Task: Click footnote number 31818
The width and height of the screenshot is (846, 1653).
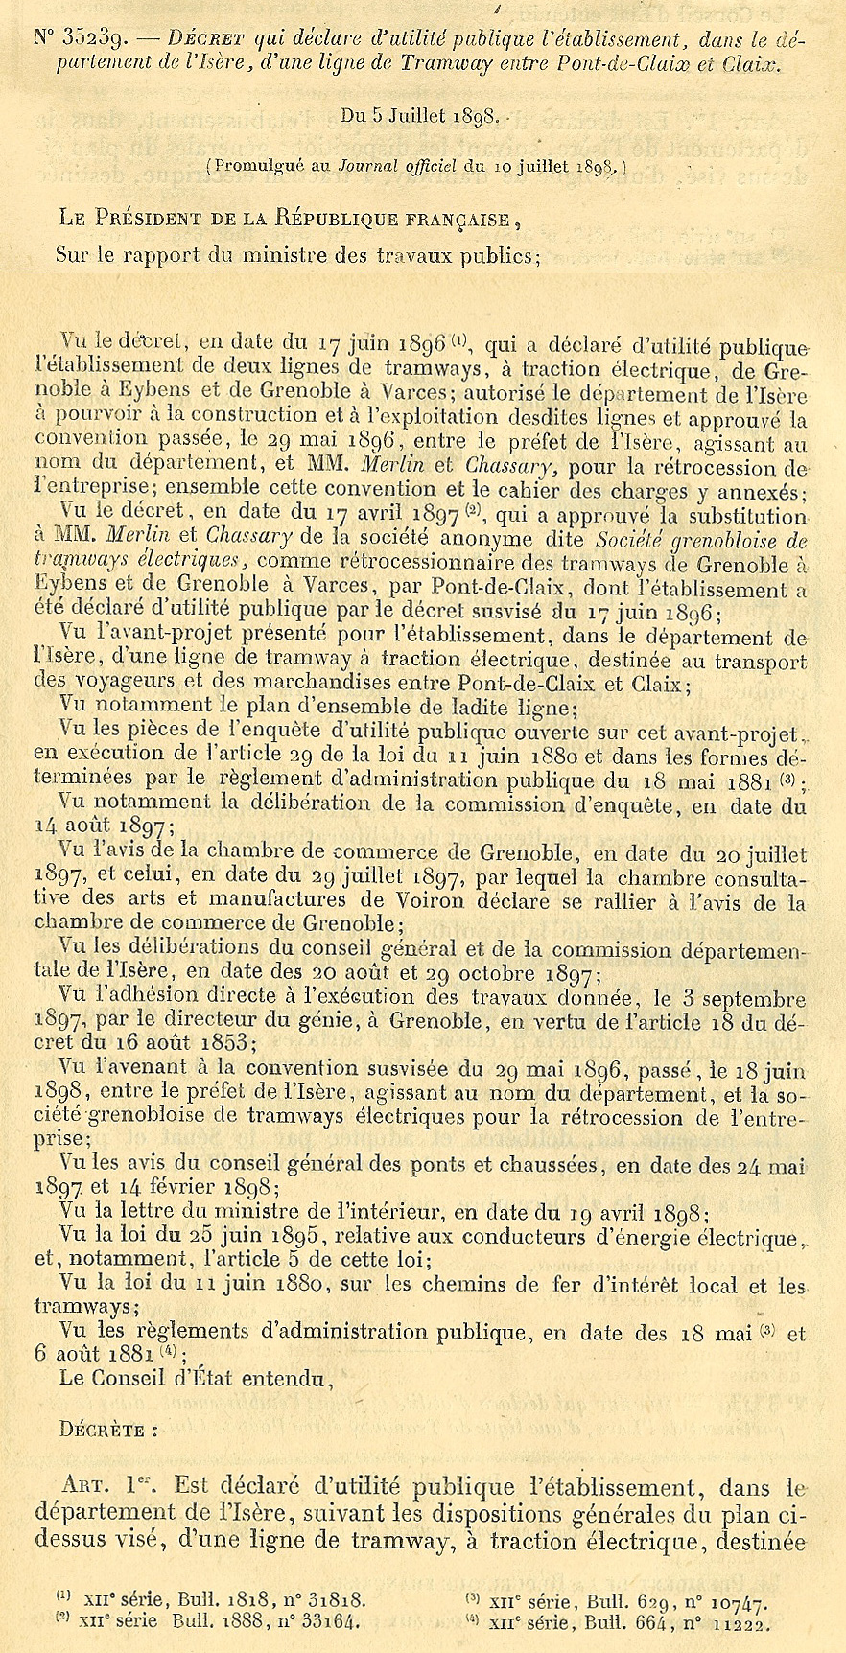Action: point(328,1599)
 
